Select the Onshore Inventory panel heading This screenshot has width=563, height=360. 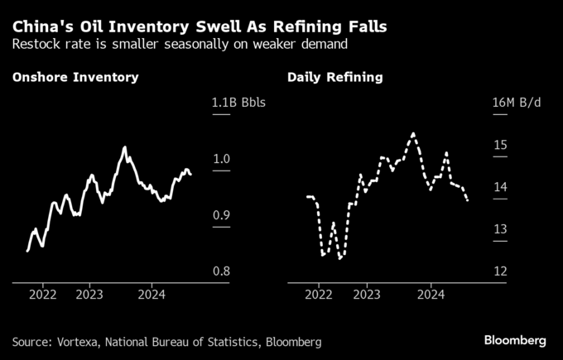[75, 78]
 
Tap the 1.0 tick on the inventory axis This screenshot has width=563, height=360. [222, 159]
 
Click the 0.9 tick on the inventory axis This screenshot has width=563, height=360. [222, 215]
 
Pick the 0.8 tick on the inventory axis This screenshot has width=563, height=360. [222, 271]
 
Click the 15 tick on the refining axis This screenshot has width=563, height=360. [499, 145]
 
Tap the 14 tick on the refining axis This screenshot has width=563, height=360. [499, 187]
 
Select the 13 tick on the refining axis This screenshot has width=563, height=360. [499, 229]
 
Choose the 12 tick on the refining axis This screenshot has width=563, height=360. [499, 271]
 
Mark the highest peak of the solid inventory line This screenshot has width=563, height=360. [124, 147]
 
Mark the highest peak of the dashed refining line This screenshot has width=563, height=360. [413, 132]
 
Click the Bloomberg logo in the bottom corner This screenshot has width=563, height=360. [515, 340]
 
